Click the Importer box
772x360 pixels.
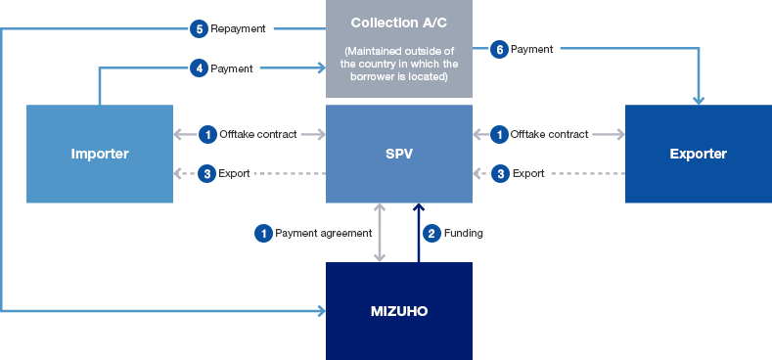pyautogui.click(x=100, y=154)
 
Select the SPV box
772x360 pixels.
pyautogui.click(x=398, y=154)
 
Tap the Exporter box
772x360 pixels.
pyautogui.click(x=698, y=154)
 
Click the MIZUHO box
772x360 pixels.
pyautogui.click(x=398, y=311)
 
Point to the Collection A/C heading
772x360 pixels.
pyautogui.click(x=398, y=22)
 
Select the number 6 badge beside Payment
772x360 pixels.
pyautogui.click(x=499, y=48)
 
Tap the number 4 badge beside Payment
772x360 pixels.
pyautogui.click(x=200, y=68)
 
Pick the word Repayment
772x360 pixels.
pyautogui.click(x=238, y=28)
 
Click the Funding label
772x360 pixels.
pyautogui.click(x=465, y=233)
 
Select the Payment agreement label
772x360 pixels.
pyautogui.click(x=323, y=233)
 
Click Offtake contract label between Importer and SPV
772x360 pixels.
pyautogui.click(x=257, y=134)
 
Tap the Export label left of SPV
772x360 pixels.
pyautogui.click(x=235, y=173)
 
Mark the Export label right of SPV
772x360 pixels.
pyautogui.click(x=528, y=173)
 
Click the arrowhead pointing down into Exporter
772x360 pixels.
pyautogui.click(x=699, y=99)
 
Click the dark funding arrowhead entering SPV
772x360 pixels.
pyautogui.click(x=419, y=208)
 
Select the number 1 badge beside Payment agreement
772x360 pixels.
pyautogui.click(x=262, y=233)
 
